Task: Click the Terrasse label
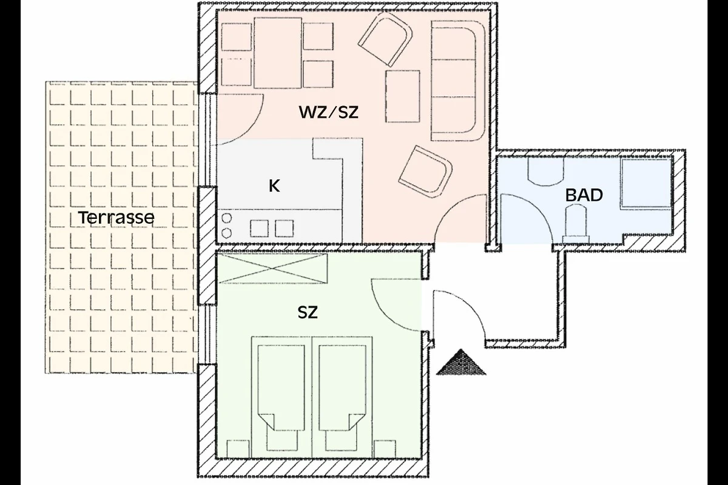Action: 116,217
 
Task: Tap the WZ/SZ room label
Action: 329,112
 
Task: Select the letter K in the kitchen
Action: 274,186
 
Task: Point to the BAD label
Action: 584,195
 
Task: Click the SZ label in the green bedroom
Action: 308,312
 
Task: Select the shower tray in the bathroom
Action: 646,183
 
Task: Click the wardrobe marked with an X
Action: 272,269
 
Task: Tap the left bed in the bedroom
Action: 281,397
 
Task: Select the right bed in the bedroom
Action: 342,397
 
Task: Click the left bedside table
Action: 238,449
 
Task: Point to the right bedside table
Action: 385,449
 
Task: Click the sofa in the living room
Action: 458,81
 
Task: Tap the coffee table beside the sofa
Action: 403,96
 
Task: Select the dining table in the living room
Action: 278,53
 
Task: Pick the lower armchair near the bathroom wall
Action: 425,172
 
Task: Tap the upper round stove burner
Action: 226,218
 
